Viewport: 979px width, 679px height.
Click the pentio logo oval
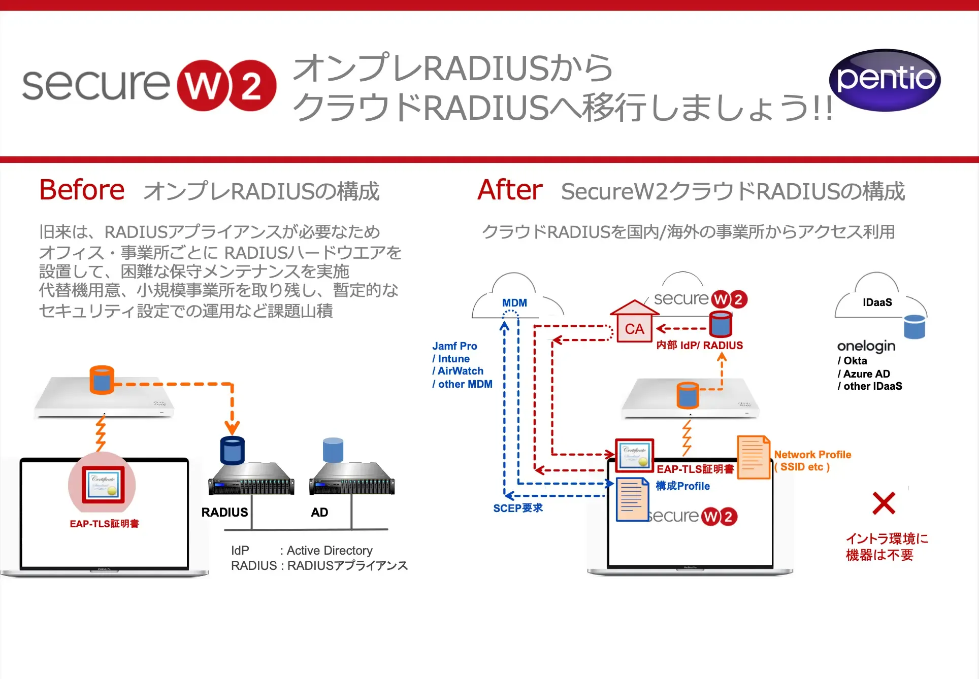point(885,80)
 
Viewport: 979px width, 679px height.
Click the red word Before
point(82,190)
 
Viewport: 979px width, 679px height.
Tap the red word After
point(510,190)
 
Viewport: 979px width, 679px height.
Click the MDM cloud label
point(514,303)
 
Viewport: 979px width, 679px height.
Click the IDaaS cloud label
point(877,302)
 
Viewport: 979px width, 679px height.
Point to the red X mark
point(884,503)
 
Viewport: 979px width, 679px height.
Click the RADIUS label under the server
point(224,512)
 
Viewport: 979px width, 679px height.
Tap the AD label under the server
point(319,512)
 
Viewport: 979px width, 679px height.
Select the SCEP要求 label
point(518,508)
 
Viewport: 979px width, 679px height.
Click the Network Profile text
point(812,455)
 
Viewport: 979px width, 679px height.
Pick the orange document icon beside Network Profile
point(753,457)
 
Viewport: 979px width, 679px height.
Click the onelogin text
point(866,346)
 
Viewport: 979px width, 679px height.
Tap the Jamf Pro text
point(454,346)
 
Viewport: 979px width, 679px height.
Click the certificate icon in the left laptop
point(103,484)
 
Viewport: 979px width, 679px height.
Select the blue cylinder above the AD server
point(333,450)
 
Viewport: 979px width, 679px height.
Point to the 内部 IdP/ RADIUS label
point(699,346)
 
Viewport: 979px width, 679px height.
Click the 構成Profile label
point(682,486)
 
